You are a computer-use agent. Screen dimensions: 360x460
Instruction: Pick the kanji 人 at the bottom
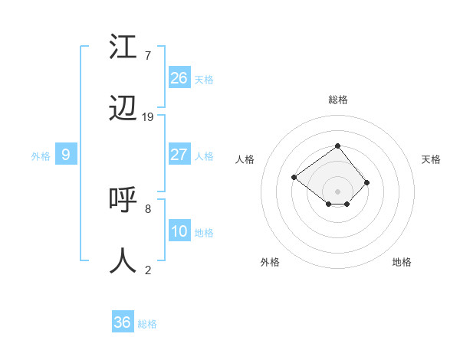(x=123, y=260)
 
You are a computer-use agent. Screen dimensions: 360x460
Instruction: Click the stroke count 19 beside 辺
(x=148, y=117)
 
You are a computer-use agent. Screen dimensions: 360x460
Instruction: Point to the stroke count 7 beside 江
(x=148, y=56)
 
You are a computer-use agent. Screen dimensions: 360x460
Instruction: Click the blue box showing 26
(x=179, y=78)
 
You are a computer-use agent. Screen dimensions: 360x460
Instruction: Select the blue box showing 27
(x=179, y=155)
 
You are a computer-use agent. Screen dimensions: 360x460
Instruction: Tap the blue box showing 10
(x=179, y=231)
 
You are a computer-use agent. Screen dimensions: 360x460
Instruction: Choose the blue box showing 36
(x=123, y=322)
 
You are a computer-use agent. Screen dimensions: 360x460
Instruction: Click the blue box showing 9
(x=66, y=155)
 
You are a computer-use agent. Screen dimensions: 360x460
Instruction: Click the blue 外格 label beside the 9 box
(x=41, y=156)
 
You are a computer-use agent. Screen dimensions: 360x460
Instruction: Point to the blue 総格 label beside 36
(x=147, y=324)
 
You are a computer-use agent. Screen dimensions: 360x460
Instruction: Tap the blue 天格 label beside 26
(x=204, y=80)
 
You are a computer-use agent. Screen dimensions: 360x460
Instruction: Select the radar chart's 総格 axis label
(x=337, y=100)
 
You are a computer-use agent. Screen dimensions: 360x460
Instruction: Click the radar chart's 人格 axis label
(x=245, y=159)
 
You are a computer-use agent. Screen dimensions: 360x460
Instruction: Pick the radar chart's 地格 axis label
(x=402, y=262)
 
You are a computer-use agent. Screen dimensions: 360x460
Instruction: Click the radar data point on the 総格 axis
(x=337, y=145)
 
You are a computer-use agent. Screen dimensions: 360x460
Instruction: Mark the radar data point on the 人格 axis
(x=294, y=177)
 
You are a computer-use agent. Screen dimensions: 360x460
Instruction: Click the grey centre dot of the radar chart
(x=337, y=191)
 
